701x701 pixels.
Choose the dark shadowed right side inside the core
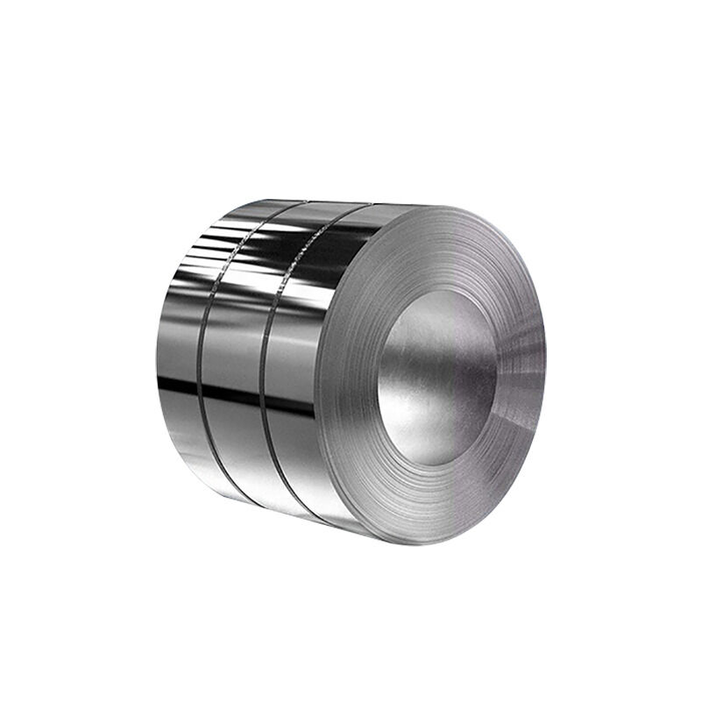click(478, 377)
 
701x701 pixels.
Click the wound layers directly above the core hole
click(438, 254)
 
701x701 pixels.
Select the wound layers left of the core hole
click(350, 377)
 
